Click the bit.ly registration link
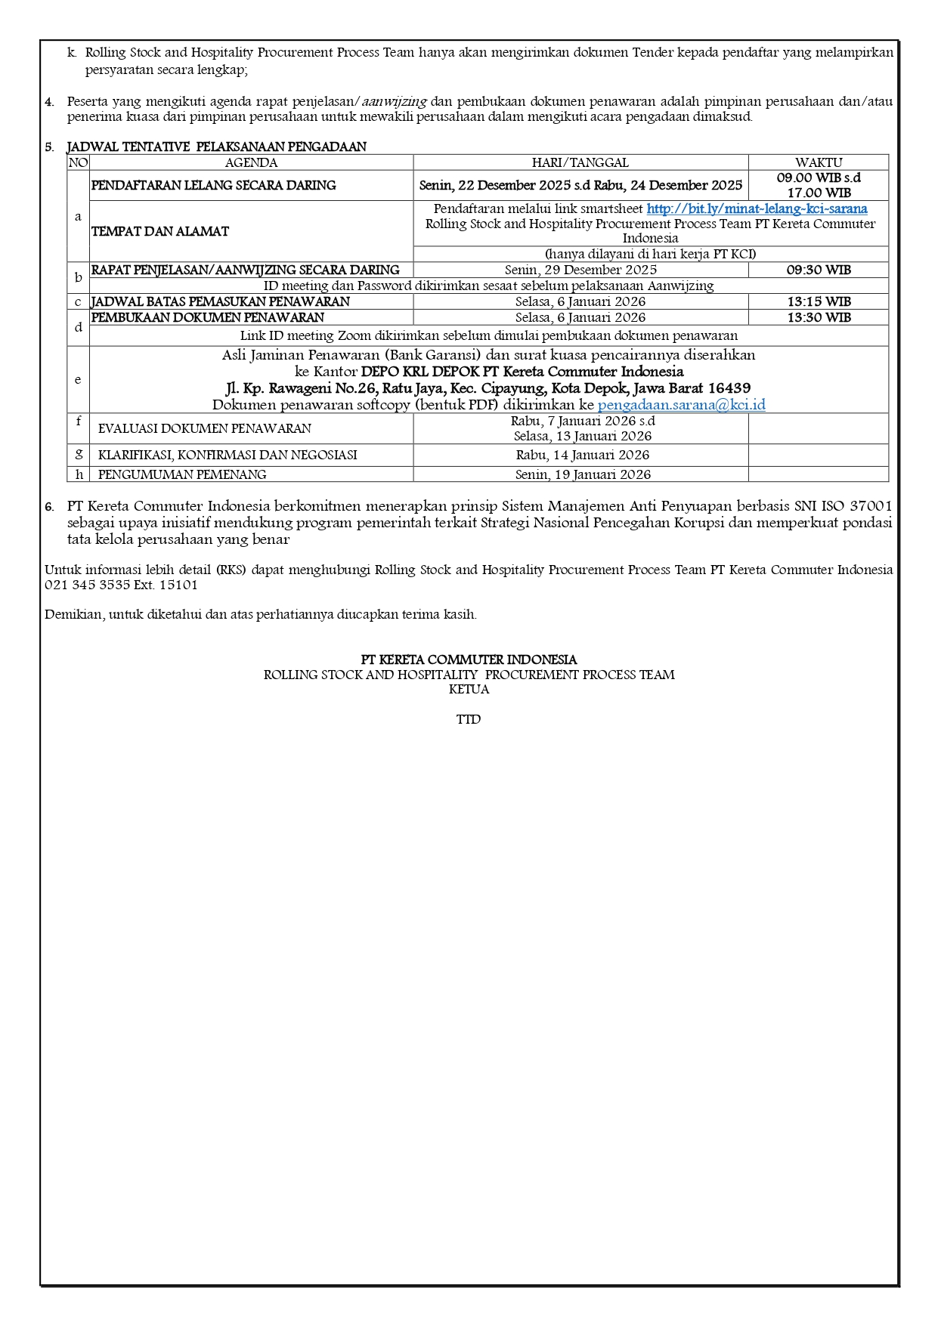[757, 208]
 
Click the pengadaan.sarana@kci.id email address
[681, 405]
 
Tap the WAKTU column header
[818, 162]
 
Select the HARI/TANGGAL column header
[580, 162]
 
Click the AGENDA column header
[251, 162]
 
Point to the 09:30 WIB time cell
[818, 270]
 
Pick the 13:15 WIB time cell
[818, 301]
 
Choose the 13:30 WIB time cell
[818, 317]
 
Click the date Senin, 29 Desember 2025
[580, 270]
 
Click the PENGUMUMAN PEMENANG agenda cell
[182, 474]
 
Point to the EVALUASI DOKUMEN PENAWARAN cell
[204, 428]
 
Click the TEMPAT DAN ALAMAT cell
[159, 231]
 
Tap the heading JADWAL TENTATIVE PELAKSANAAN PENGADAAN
[216, 147]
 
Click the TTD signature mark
[469, 719]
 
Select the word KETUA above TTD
[469, 689]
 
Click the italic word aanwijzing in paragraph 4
[395, 101]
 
